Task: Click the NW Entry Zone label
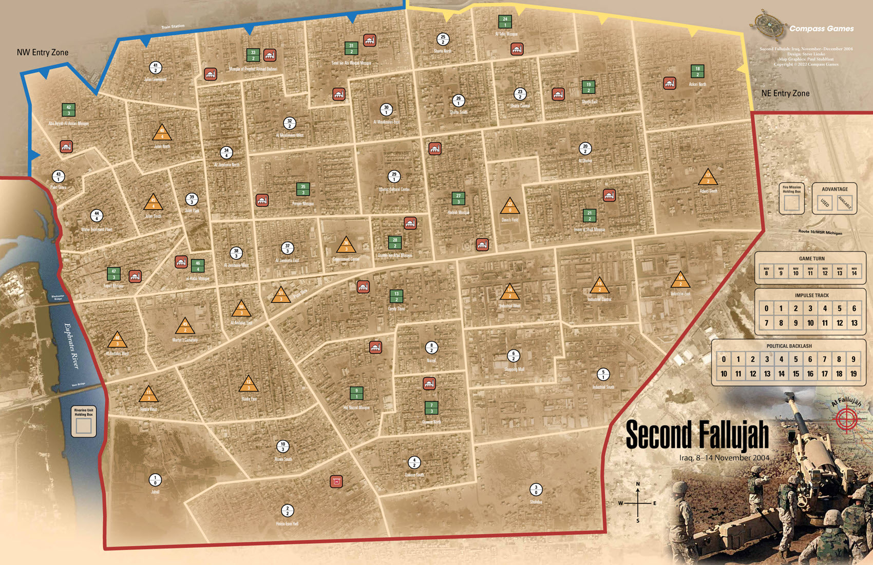[x=42, y=52]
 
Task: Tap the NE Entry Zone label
[x=785, y=93]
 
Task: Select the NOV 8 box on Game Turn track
[x=766, y=271]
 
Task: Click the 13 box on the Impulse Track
[x=854, y=323]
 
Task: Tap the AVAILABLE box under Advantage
[x=845, y=203]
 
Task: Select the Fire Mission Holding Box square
[x=791, y=203]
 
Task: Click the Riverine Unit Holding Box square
[x=84, y=426]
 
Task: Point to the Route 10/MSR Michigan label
[x=820, y=233]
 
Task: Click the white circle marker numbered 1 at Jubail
[x=155, y=480]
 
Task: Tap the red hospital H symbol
[x=336, y=481]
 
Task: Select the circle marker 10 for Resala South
[x=283, y=446]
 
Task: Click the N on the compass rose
[x=638, y=484]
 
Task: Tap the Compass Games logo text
[x=821, y=29]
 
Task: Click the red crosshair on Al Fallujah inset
[x=848, y=419]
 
